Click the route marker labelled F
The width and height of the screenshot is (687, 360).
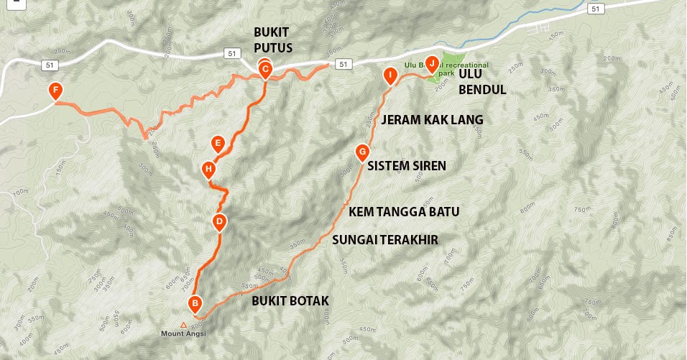pos(54,91)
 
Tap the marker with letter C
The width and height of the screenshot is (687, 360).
pos(264,70)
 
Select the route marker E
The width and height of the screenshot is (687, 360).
pos(218,142)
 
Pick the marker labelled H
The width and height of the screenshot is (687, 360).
pos(208,170)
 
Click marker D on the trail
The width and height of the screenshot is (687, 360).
pos(219,221)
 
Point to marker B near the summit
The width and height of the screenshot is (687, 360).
pos(194,303)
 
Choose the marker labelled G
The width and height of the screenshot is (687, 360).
pos(362,152)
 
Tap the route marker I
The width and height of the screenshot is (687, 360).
pos(389,74)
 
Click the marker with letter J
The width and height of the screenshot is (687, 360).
pos(432,63)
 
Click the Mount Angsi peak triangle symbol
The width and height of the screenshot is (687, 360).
pos(183,325)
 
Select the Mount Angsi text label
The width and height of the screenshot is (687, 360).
pos(182,334)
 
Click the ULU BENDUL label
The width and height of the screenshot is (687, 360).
pos(483,82)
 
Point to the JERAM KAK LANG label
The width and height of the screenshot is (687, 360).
pos(432,119)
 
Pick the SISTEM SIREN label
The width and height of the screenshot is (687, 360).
pos(407,165)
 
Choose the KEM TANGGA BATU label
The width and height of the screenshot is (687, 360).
pos(404,212)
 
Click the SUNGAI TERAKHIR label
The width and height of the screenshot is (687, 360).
pos(384,239)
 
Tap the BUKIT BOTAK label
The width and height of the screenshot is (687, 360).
pos(290,301)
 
